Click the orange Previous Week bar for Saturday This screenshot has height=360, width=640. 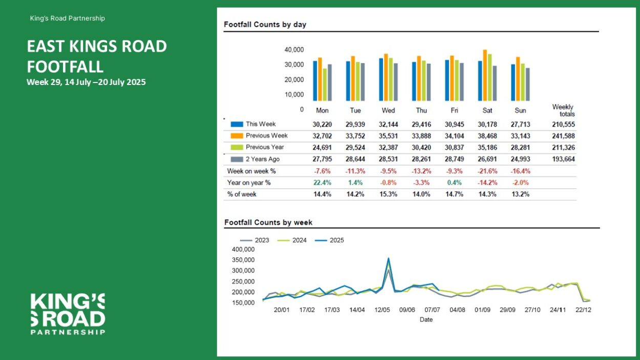pos(485,75)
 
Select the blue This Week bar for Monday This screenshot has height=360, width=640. pos(315,81)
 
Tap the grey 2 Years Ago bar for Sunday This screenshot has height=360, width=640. pos(528,84)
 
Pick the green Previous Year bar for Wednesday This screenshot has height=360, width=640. pos(391,79)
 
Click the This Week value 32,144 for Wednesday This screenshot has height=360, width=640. pos(388,124)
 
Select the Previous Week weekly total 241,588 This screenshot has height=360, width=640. pos(563,136)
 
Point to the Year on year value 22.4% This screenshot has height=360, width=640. pos(322,183)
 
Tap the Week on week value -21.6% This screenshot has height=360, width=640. pos(487,171)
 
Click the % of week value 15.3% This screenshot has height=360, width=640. pos(388,194)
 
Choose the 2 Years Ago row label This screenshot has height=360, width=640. pos(263,159)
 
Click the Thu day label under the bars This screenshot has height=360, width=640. pos(421,111)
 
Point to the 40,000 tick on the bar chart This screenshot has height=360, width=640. pos(294,50)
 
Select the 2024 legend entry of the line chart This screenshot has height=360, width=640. pos(292,240)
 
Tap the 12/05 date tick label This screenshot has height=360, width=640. pos(382,310)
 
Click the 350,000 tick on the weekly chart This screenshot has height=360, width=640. pos(243,260)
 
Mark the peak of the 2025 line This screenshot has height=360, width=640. pos(388,258)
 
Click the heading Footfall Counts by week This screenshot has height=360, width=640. pos(268,223)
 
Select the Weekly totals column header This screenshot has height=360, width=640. pos(563,110)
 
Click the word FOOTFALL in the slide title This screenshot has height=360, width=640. pos(65,67)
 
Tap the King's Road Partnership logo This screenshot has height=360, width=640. pos(68,314)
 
